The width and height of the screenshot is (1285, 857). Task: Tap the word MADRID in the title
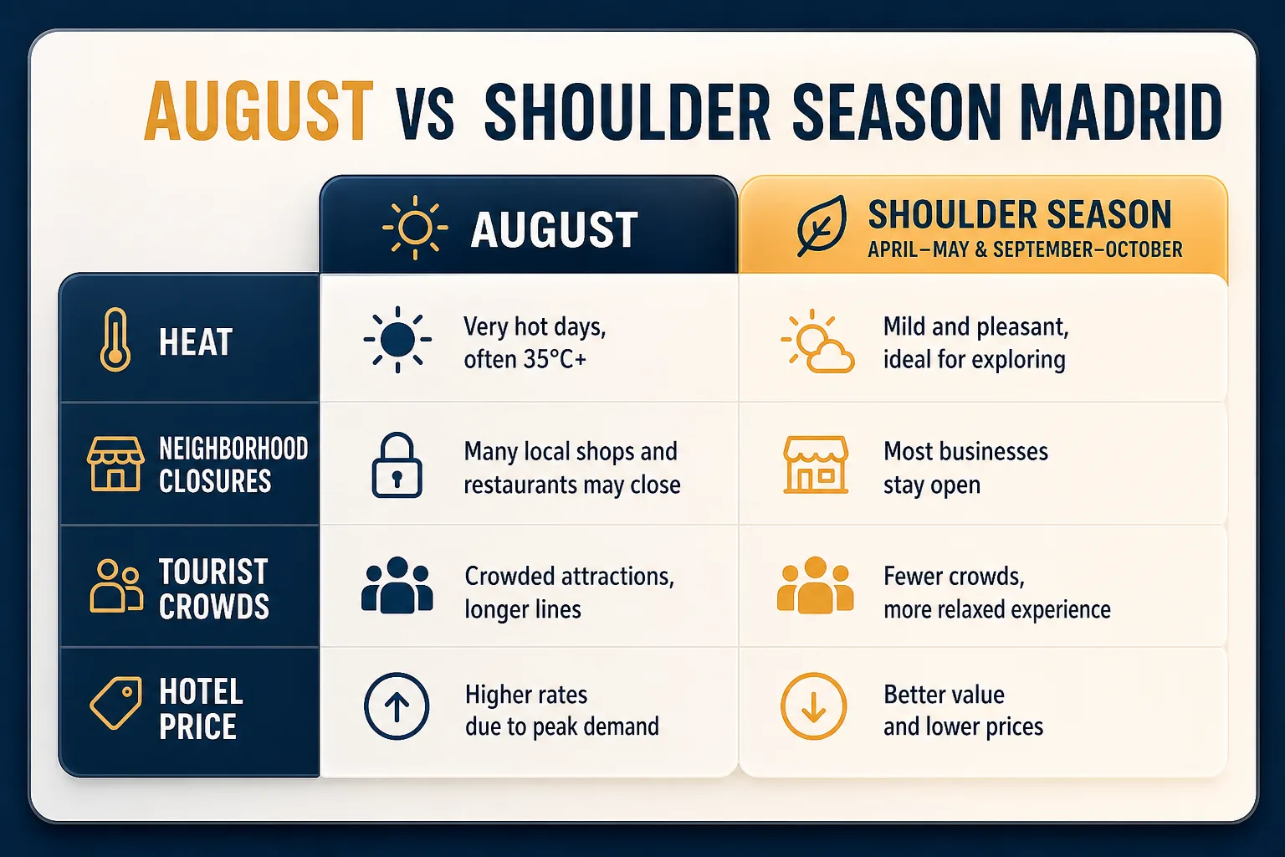pyautogui.click(x=1120, y=111)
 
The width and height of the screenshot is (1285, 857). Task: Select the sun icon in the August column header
pyautogui.click(x=415, y=228)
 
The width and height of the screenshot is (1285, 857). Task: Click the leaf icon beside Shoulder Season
pyautogui.click(x=822, y=226)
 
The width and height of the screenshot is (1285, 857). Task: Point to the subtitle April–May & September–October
pyautogui.click(x=1025, y=249)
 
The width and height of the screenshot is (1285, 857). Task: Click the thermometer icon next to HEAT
pyautogui.click(x=115, y=340)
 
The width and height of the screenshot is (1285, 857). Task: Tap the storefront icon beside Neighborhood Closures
pyautogui.click(x=115, y=464)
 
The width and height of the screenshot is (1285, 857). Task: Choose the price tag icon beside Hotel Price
pyautogui.click(x=116, y=703)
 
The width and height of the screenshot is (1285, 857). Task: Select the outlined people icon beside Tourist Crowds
pyautogui.click(x=116, y=586)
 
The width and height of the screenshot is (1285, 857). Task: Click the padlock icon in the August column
pyautogui.click(x=397, y=465)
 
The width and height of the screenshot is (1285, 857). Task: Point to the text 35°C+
pyautogui.click(x=554, y=360)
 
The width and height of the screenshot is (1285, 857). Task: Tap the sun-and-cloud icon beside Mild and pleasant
pyautogui.click(x=817, y=341)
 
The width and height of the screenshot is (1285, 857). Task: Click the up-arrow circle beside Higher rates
pyautogui.click(x=397, y=706)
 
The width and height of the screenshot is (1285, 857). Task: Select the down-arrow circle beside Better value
pyautogui.click(x=813, y=706)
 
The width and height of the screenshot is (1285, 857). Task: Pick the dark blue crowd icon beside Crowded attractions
pyautogui.click(x=397, y=585)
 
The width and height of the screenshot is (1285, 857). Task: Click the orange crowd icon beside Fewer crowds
pyautogui.click(x=815, y=585)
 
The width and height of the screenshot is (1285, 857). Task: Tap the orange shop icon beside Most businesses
pyautogui.click(x=816, y=465)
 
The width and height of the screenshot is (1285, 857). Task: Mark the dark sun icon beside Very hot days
pyautogui.click(x=397, y=340)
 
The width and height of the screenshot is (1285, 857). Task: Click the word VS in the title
pyautogui.click(x=426, y=120)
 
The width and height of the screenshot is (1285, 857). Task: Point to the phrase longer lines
pyautogui.click(x=523, y=609)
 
